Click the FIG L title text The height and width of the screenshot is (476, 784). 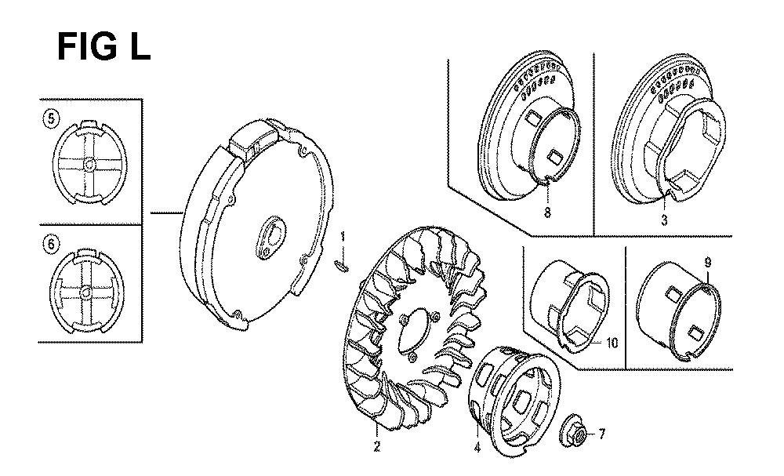pyautogui.click(x=103, y=47)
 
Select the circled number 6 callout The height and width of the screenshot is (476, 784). pyautogui.click(x=51, y=244)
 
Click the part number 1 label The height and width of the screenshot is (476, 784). pyautogui.click(x=343, y=236)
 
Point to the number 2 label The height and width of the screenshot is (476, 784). pyautogui.click(x=376, y=446)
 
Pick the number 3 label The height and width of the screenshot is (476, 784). pyautogui.click(x=664, y=220)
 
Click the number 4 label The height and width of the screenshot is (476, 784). pyautogui.click(x=477, y=447)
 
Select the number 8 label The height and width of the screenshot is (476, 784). pyautogui.click(x=547, y=213)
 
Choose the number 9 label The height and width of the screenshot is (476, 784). pyautogui.click(x=707, y=262)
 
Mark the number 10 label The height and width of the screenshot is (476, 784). pyautogui.click(x=612, y=343)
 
